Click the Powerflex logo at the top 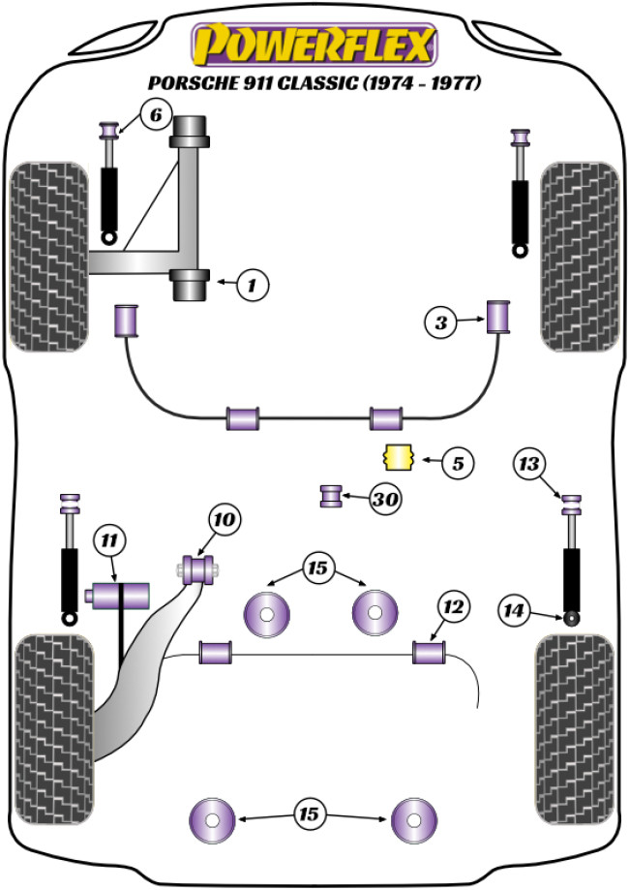coord(314,45)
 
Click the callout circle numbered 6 coord(153,116)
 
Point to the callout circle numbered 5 coord(458,464)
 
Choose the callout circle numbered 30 coord(385,500)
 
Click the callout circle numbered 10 coord(224,521)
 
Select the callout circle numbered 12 coord(451,607)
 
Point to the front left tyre coord(47,257)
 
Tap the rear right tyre coord(575,727)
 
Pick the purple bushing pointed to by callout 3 coord(498,316)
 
